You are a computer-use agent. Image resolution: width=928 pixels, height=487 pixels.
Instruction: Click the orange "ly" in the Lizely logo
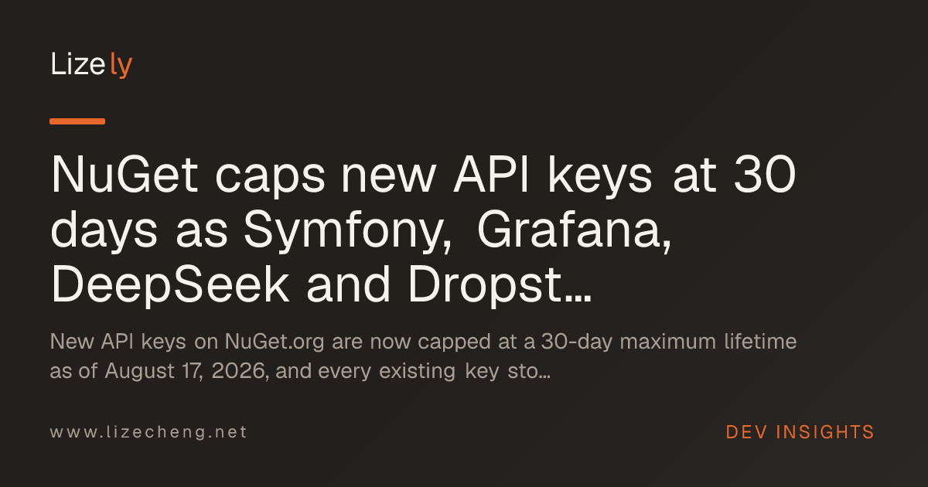coord(121,65)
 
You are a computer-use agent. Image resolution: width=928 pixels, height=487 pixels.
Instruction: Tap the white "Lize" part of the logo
coord(78,63)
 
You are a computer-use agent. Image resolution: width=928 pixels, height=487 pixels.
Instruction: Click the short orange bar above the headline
coord(77,121)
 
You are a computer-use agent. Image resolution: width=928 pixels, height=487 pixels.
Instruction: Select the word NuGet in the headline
coord(125,175)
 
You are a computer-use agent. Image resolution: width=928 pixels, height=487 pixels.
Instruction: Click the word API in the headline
coord(491,175)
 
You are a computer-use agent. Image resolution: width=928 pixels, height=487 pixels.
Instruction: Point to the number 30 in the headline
coord(765,175)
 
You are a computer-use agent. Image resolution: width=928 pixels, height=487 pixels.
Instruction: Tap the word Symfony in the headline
coord(347,230)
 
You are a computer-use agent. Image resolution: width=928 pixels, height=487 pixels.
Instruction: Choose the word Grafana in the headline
coord(574,230)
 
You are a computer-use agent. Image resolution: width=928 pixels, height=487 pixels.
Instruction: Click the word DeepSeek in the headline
coord(170,286)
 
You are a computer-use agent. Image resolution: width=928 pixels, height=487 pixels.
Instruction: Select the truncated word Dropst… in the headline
coord(500,286)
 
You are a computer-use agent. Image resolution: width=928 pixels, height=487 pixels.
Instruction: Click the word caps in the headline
coord(270,178)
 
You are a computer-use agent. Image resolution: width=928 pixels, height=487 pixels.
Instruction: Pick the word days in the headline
coord(104,230)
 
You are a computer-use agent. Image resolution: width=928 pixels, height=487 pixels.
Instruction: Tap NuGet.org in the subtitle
coord(275,342)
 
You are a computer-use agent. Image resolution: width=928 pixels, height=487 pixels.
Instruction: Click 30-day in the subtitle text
coord(577,342)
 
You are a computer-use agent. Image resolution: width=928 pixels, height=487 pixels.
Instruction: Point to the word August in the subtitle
coord(139,371)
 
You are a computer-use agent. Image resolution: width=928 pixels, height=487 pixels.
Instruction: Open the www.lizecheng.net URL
coord(148,432)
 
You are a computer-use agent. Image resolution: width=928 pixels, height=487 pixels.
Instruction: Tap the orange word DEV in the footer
coord(746,432)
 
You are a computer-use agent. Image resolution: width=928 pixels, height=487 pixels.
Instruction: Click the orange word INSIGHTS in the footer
coord(824,432)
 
